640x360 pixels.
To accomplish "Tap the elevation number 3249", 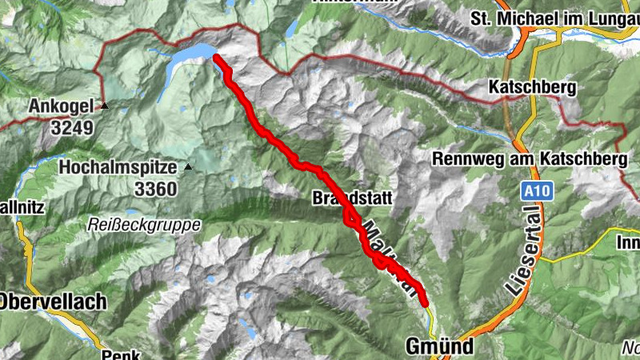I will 73,126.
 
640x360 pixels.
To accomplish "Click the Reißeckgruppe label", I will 144,225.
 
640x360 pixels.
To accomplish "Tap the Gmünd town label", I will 439,346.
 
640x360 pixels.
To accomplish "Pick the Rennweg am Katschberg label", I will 530,159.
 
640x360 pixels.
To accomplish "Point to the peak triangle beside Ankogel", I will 104,105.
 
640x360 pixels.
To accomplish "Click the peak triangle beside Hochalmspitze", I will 188,167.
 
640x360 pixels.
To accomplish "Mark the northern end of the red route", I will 217,57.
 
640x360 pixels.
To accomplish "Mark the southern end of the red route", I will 425,303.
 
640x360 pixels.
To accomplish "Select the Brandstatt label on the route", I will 345,198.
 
